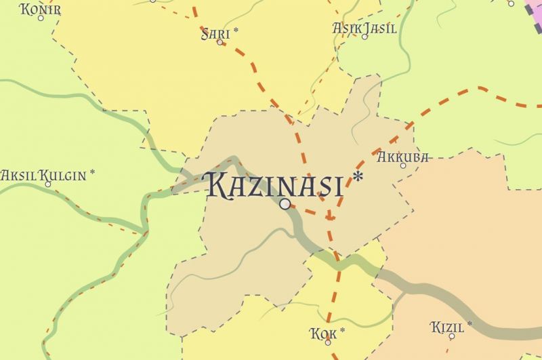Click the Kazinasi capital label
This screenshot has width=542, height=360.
click(273, 184)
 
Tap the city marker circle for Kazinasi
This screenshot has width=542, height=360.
click(285, 203)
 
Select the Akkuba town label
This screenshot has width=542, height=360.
click(402, 157)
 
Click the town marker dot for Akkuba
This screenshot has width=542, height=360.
click(403, 165)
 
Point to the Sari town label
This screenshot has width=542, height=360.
click(215, 33)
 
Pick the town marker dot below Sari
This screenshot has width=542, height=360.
click(220, 42)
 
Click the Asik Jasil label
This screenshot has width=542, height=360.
click(364, 28)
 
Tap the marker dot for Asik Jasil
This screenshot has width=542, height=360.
click(364, 37)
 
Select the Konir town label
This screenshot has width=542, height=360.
click(41, 9)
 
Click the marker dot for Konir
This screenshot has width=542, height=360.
click(41, 18)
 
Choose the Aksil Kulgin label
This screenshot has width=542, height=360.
click(43, 176)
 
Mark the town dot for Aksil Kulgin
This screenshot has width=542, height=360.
click(47, 184)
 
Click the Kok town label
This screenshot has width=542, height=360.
click(323, 333)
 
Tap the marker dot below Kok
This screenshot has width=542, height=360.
click(328, 342)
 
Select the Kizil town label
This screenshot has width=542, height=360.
click(447, 328)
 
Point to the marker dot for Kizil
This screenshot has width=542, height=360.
click(452, 337)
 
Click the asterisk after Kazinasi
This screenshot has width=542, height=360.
click(358, 178)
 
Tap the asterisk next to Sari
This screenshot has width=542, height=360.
click(236, 31)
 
